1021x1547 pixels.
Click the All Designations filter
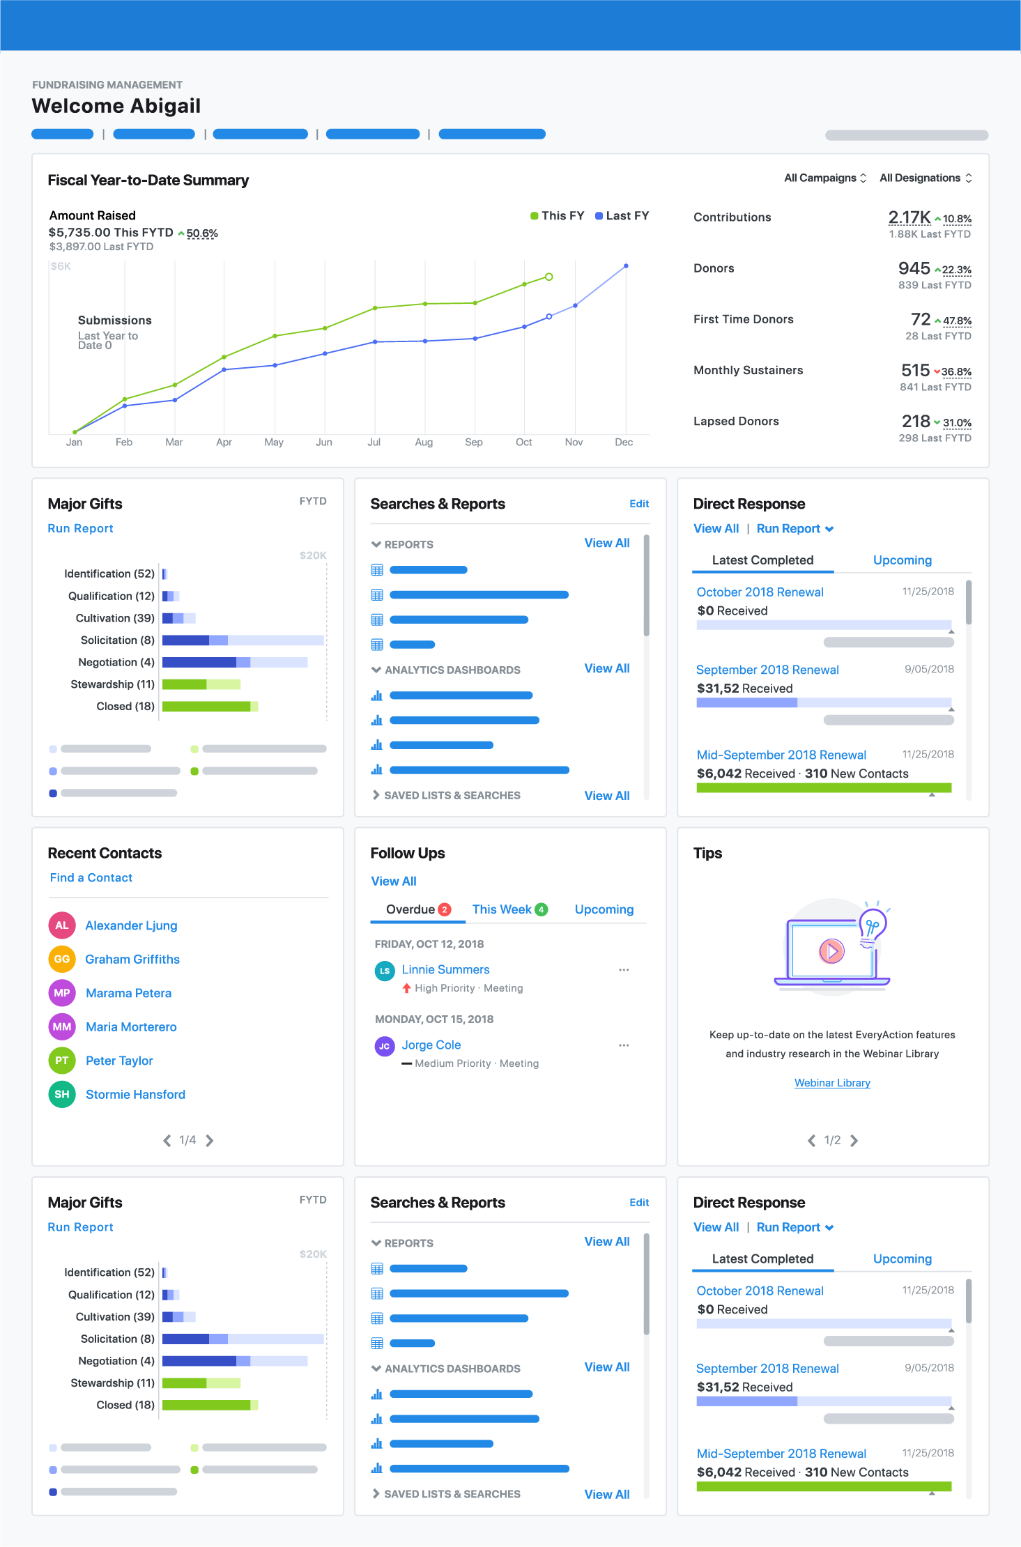click(x=925, y=178)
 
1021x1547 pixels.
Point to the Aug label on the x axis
click(x=424, y=442)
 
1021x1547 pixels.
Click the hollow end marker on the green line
click(x=549, y=277)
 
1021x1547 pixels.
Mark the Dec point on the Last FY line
click(x=626, y=266)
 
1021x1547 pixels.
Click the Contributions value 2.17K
click(x=909, y=217)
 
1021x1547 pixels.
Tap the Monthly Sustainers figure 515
click(x=915, y=370)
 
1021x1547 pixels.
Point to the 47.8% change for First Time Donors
click(x=956, y=321)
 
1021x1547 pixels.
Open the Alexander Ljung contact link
click(x=131, y=925)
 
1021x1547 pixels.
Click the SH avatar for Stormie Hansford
click(x=62, y=1094)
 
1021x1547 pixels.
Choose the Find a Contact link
click(x=91, y=878)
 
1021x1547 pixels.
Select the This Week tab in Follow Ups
click(x=502, y=909)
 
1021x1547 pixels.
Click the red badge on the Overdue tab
click(x=445, y=909)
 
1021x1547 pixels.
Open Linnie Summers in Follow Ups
click(x=445, y=969)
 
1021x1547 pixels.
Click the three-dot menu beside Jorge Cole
click(x=624, y=1045)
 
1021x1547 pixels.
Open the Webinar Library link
click(x=832, y=1083)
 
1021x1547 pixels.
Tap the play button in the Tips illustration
click(x=831, y=950)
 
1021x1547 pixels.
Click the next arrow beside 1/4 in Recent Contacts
click(x=210, y=1141)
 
